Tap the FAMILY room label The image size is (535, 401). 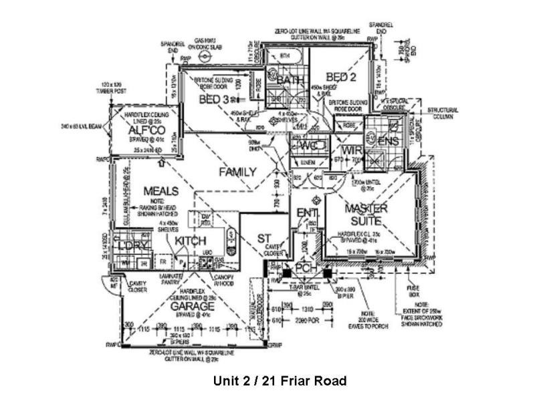(x=237, y=172)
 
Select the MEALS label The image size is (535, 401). (x=160, y=191)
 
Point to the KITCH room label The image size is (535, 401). (x=191, y=241)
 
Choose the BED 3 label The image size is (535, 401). (x=215, y=99)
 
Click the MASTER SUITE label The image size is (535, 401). (x=366, y=214)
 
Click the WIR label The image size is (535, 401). (x=347, y=150)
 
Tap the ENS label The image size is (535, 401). (x=388, y=141)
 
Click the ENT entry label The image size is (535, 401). (x=307, y=213)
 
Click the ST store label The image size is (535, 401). (x=263, y=239)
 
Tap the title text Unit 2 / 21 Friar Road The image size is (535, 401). (x=280, y=381)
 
